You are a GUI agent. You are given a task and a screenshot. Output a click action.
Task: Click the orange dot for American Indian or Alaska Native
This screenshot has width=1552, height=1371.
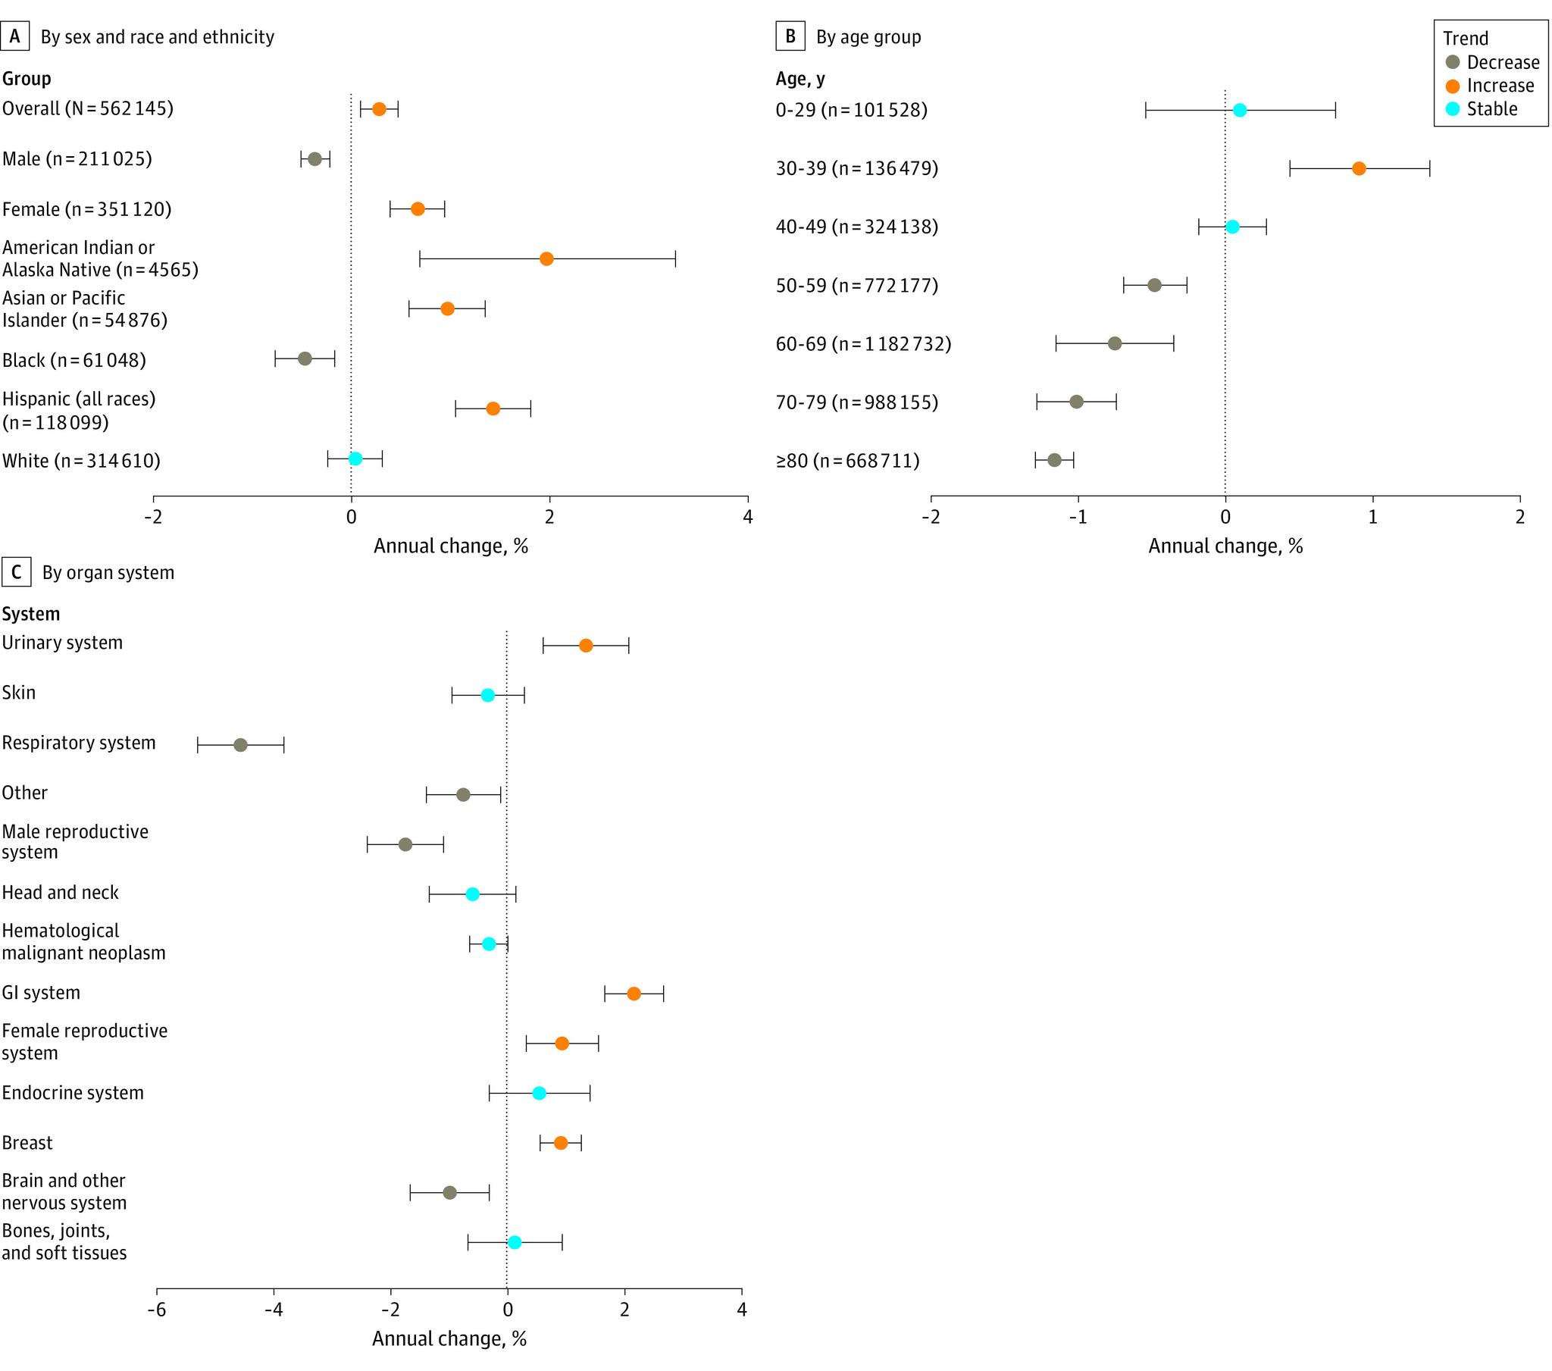click(546, 259)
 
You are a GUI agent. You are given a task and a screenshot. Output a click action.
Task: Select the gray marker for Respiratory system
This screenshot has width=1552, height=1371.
click(240, 745)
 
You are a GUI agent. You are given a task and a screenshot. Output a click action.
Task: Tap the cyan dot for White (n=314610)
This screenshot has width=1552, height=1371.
click(355, 459)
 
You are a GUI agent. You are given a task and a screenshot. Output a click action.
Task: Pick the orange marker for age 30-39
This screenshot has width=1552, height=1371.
click(1359, 168)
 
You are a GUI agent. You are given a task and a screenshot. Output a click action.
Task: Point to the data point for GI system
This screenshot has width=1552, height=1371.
click(634, 994)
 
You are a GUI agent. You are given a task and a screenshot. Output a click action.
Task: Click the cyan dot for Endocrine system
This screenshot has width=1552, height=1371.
click(538, 1093)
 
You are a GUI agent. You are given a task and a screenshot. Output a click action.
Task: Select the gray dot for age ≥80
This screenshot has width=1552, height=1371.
click(1054, 460)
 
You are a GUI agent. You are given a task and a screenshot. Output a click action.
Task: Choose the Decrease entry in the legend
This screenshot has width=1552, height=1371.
click(1502, 62)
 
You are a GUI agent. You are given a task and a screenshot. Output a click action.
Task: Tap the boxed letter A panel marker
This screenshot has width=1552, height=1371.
click(14, 36)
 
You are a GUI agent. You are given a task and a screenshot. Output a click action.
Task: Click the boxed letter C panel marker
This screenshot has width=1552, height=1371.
click(16, 572)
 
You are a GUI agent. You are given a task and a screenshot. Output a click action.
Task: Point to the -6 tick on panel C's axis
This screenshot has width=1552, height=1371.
click(156, 1310)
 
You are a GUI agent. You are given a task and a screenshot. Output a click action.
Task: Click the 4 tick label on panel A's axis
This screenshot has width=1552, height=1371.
click(748, 518)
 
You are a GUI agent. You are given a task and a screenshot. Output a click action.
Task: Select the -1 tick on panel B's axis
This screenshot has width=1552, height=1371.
click(1078, 518)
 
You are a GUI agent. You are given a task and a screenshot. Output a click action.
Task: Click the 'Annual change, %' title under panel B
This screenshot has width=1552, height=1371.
click(1225, 546)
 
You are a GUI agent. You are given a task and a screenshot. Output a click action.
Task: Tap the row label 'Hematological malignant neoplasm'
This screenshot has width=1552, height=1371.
click(83, 942)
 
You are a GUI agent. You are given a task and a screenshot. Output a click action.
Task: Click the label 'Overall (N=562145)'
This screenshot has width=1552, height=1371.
click(87, 108)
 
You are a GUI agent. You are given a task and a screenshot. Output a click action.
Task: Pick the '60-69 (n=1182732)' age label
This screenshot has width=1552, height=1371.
click(863, 344)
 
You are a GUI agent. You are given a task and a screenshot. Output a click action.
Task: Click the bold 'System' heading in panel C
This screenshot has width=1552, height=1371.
click(30, 614)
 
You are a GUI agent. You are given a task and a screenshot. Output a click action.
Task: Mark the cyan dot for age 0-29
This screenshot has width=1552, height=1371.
click(1239, 110)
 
